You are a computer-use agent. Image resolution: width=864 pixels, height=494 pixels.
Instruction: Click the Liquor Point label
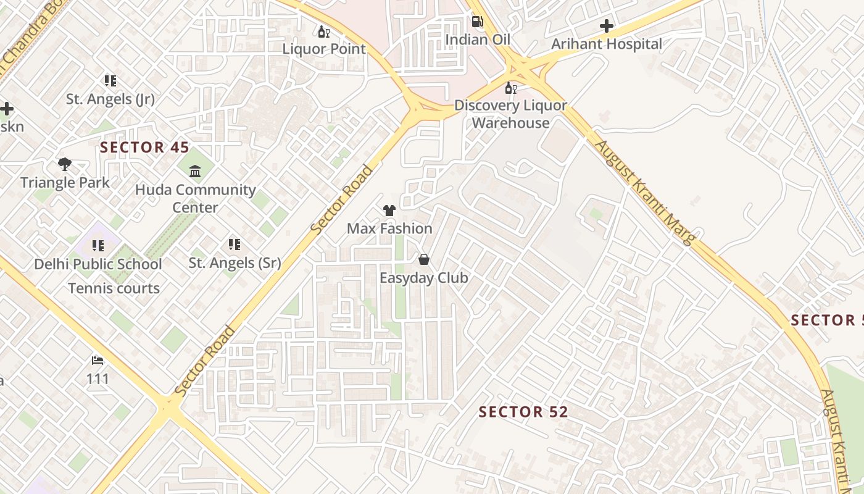coord(324,49)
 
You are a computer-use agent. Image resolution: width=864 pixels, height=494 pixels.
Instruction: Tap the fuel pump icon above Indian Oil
coord(477,22)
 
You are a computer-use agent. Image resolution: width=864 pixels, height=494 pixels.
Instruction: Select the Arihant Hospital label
coord(607,44)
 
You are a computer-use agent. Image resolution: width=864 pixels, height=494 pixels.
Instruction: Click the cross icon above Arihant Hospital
coord(607,26)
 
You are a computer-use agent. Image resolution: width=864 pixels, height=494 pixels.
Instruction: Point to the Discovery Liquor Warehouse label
coord(510,114)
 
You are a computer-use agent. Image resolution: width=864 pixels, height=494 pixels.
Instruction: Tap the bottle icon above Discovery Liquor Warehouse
coord(510,88)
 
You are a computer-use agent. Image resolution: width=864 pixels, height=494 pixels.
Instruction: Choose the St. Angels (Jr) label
coord(110,99)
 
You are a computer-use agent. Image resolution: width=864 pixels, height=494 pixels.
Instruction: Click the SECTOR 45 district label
coord(144,147)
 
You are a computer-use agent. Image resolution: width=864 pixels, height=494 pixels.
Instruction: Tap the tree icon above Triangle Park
coord(65,164)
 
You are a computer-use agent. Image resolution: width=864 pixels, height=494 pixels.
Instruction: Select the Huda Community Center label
coord(195,198)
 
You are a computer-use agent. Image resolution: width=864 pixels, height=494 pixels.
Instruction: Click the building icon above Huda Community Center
coord(195,171)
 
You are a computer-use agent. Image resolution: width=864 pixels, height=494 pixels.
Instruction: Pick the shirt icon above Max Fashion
coord(389,211)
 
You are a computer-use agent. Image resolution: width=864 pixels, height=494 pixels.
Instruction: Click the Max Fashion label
coord(389,228)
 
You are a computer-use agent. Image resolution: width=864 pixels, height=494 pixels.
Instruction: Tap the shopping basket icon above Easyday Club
coord(423,259)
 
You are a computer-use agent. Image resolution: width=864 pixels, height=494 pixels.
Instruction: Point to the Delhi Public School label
coord(98,264)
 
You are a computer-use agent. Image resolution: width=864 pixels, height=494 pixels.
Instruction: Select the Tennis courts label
coord(114,288)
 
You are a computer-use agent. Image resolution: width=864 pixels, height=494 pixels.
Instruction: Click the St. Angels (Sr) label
coord(235,263)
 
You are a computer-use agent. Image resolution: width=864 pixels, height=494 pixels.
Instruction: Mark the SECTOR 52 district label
coord(523,412)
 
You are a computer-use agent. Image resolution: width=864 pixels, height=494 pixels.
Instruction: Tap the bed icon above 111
coord(98,360)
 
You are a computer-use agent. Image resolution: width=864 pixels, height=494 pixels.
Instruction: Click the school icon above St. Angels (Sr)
coord(234,245)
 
